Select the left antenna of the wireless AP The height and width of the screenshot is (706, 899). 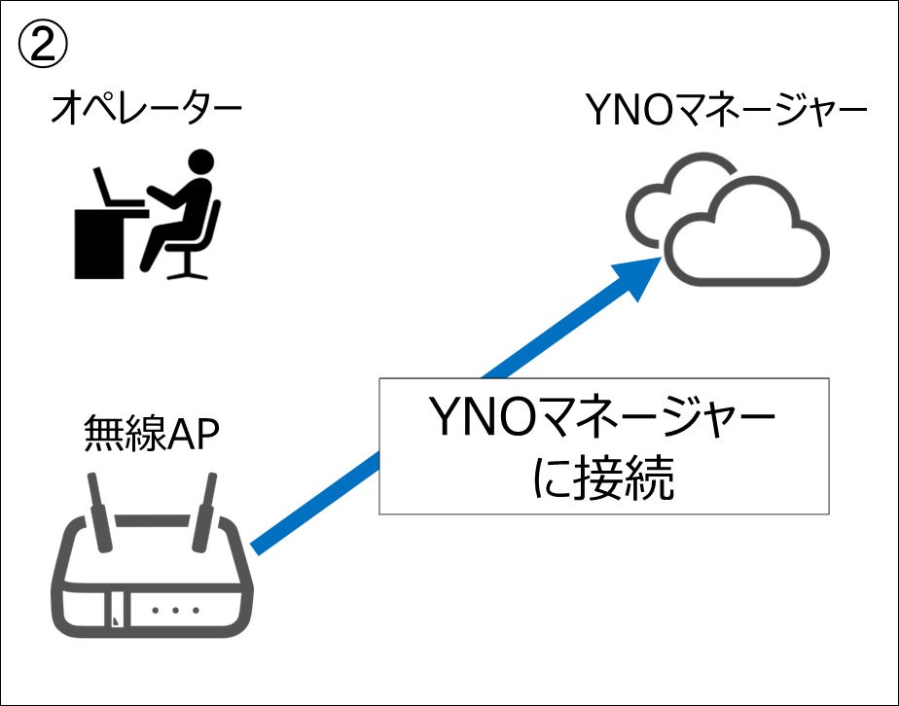point(99,510)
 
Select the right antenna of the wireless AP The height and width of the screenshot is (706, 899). point(207,510)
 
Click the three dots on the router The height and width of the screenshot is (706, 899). point(176,610)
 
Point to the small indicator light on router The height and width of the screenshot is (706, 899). point(117,617)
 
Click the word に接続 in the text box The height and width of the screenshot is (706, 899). point(604,477)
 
